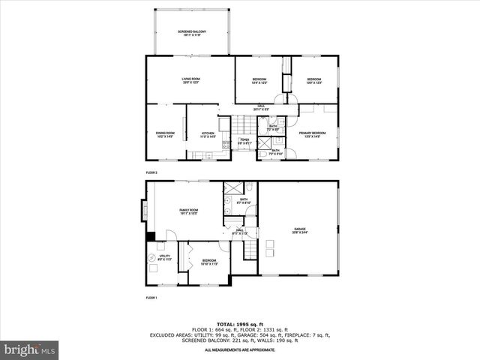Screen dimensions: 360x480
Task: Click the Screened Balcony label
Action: (193, 33)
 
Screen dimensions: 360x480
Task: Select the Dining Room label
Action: (165, 134)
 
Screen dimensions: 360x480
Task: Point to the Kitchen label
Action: (207, 134)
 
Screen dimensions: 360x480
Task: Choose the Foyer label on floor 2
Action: (244, 141)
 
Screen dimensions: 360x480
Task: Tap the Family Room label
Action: (188, 211)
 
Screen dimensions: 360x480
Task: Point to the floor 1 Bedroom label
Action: (209, 262)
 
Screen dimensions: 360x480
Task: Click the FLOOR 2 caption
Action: (151, 171)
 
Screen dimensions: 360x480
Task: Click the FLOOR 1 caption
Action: (151, 298)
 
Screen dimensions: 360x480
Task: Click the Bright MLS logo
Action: (30, 349)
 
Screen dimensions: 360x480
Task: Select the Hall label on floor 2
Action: (261, 108)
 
